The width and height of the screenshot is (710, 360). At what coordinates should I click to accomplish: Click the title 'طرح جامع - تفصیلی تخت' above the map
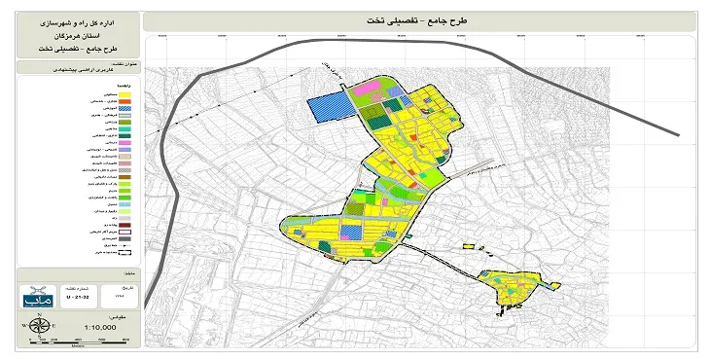[419, 19]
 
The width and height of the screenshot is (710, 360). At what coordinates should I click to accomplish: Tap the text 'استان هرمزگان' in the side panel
[73, 33]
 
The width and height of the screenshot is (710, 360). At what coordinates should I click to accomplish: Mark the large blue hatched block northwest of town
[327, 108]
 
